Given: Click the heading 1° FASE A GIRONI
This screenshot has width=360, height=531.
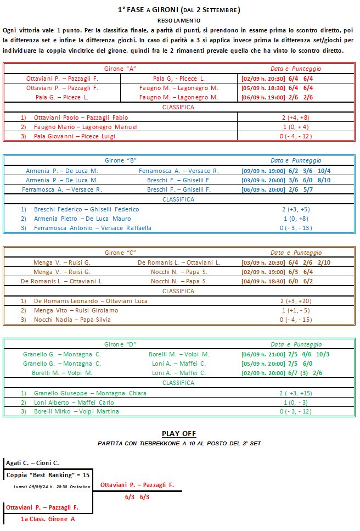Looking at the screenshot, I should point(179,9).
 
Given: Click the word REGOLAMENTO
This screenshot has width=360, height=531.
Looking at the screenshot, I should point(179,20).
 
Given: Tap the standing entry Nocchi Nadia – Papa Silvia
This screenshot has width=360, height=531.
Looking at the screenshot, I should point(72,320).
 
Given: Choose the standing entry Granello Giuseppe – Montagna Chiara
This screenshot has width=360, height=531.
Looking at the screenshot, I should point(90,393).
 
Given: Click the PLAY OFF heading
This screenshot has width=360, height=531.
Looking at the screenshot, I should point(179,434).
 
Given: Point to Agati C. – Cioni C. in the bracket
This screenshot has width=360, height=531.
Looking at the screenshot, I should point(33,463).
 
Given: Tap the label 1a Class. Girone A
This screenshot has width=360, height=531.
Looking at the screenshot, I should point(48,519).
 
